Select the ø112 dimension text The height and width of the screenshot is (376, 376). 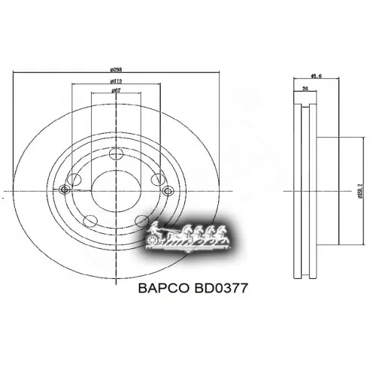coord(117,81)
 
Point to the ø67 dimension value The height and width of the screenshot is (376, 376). coord(117,91)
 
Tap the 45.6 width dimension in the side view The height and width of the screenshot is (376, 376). coord(317,75)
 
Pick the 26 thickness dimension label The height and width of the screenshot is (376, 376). coord(305,87)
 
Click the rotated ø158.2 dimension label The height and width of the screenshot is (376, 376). coord(360,192)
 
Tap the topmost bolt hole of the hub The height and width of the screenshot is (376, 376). coord(116,156)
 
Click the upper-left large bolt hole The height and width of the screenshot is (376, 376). coord(75,180)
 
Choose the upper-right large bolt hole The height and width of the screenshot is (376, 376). coord(156,180)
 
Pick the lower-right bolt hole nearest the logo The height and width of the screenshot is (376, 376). coord(142,221)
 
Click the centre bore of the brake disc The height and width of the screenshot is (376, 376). coord(116,192)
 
